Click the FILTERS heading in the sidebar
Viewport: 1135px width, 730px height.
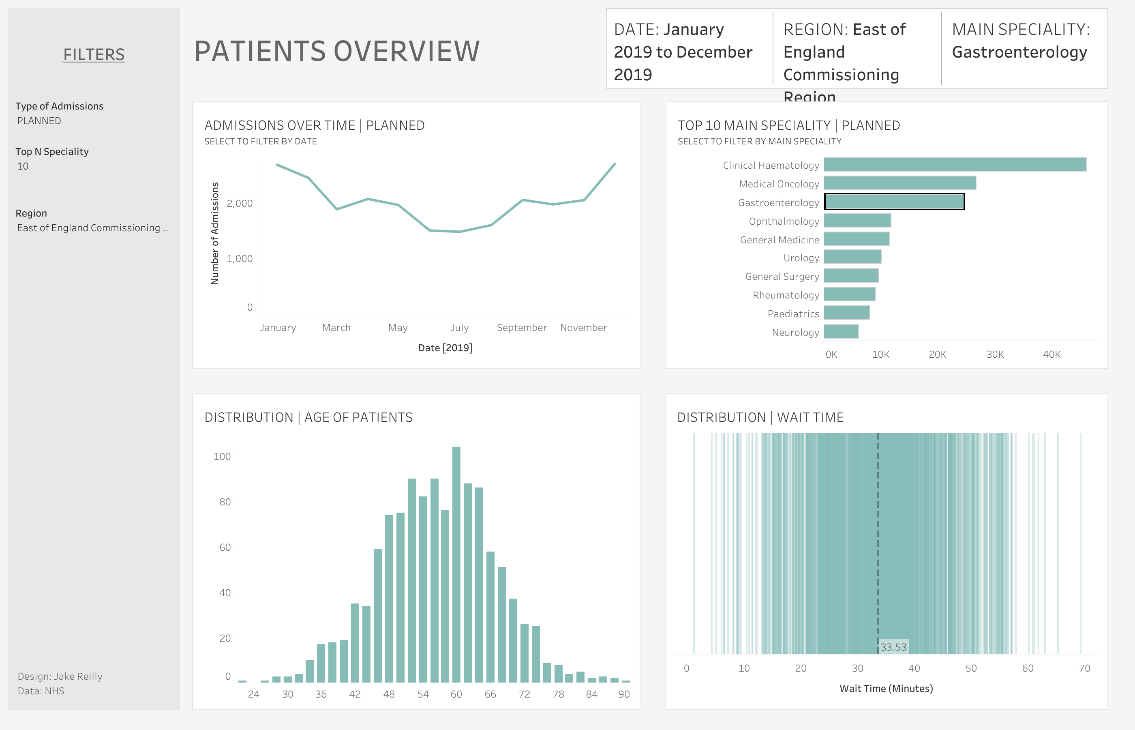point(94,54)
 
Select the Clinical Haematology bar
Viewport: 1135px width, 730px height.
point(955,165)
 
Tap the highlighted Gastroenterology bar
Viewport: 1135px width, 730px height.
point(894,202)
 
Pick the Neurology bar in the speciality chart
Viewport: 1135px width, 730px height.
point(841,331)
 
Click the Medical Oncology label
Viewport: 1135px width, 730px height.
point(779,184)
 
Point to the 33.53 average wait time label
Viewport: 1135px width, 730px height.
point(893,646)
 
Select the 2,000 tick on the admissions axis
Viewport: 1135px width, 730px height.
point(239,203)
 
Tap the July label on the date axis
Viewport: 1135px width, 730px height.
point(459,328)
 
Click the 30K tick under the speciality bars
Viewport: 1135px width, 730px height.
point(994,354)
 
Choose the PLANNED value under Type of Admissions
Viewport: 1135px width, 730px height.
point(39,121)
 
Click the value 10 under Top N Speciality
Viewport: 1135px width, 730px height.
point(23,166)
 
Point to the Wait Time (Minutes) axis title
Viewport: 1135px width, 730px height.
point(886,688)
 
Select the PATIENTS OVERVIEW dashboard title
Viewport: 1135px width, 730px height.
point(337,51)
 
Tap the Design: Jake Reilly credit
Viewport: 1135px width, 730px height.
point(60,676)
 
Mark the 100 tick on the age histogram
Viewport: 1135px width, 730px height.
point(222,457)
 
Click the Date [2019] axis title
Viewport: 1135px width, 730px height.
point(445,348)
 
